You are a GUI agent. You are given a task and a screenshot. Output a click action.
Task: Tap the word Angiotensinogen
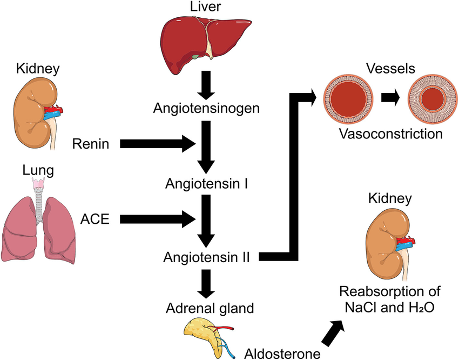tap(206, 108)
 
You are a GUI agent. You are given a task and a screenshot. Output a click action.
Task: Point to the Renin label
tap(90, 144)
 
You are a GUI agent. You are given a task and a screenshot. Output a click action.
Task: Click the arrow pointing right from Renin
tap(157, 144)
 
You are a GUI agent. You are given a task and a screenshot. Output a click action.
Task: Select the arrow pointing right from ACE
tap(157, 219)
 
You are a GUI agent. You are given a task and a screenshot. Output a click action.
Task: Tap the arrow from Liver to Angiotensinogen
tap(206, 84)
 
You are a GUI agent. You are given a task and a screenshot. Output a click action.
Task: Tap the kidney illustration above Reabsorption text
tap(388, 242)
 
